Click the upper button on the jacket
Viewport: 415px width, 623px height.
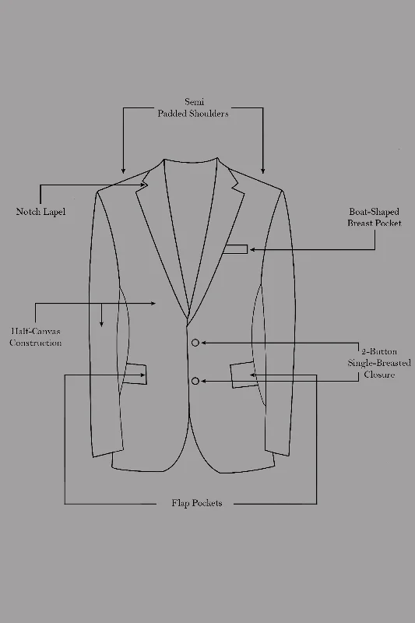click(195, 343)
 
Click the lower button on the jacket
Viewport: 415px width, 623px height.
click(195, 381)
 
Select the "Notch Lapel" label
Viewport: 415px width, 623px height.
click(40, 211)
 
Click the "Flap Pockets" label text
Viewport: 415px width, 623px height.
click(196, 503)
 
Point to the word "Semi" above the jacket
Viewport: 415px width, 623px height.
click(194, 102)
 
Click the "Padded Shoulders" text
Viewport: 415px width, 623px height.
click(193, 114)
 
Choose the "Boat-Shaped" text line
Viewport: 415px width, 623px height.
click(374, 211)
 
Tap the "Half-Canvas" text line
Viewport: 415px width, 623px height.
click(36, 331)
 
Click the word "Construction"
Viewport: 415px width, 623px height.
click(36, 343)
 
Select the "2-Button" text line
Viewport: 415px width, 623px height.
click(379, 351)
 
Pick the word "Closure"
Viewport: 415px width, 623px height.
click(379, 375)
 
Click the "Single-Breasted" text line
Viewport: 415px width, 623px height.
click(379, 363)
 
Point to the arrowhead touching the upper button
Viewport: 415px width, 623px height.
click(204, 343)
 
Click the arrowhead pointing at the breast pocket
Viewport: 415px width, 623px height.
click(252, 249)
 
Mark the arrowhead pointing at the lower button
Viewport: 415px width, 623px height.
click(204, 381)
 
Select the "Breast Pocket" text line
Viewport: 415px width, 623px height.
click(374, 223)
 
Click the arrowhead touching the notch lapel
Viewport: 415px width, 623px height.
click(145, 185)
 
